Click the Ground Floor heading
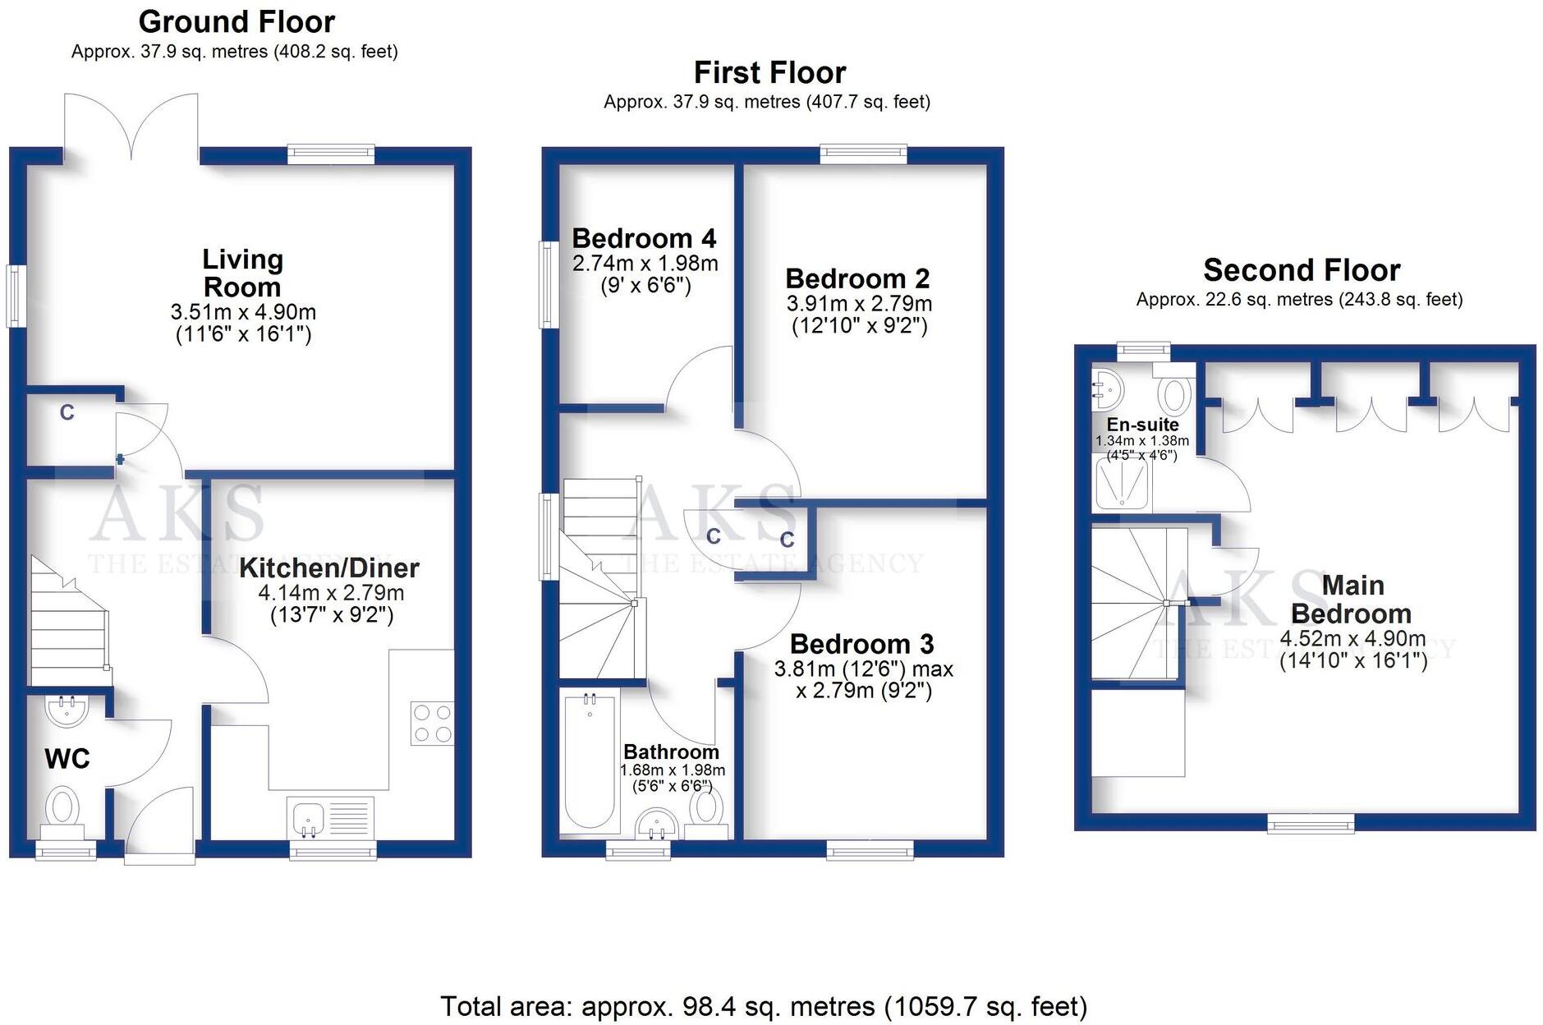[237, 21]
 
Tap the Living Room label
[242, 273]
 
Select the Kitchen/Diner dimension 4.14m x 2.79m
[331, 592]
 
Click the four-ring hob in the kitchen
[433, 723]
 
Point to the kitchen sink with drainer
[330, 819]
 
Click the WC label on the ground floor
[67, 758]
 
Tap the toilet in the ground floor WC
[62, 807]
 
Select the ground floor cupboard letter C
[67, 412]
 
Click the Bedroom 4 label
[644, 238]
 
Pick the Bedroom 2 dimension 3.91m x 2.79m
[859, 303]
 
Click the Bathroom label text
[671, 752]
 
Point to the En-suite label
[1142, 425]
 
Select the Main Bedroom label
[1352, 600]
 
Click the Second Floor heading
[1302, 269]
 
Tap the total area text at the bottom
[764, 1005]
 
